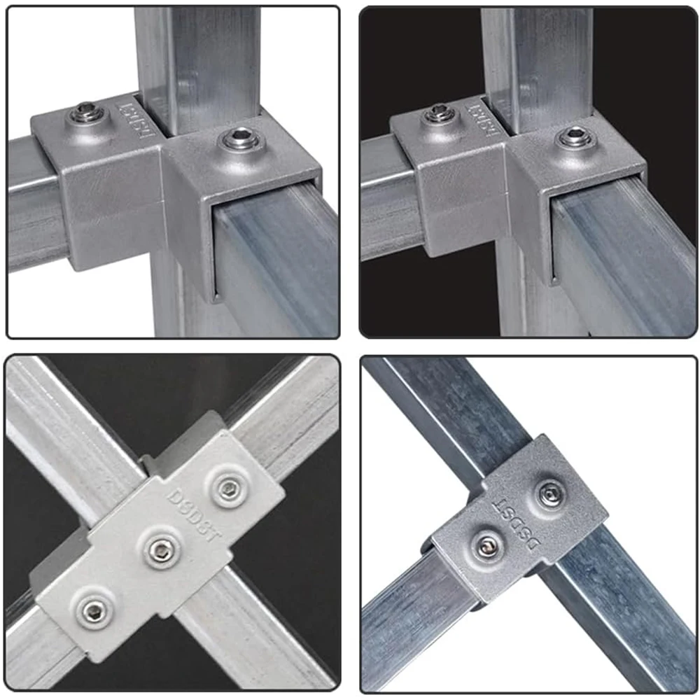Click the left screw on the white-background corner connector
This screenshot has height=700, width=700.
[86, 112]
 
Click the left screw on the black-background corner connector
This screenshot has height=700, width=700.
[440, 112]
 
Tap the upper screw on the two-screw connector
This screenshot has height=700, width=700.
[551, 494]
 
